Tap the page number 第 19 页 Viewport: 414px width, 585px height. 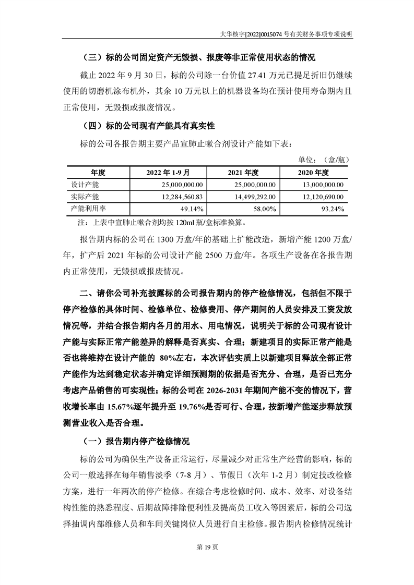[207, 560]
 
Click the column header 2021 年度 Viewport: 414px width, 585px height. [244, 173]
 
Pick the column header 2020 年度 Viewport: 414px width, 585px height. [313, 173]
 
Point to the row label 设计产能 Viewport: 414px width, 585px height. [85, 185]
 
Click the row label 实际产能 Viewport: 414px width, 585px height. [85, 197]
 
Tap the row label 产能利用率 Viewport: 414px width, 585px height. [88, 209]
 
